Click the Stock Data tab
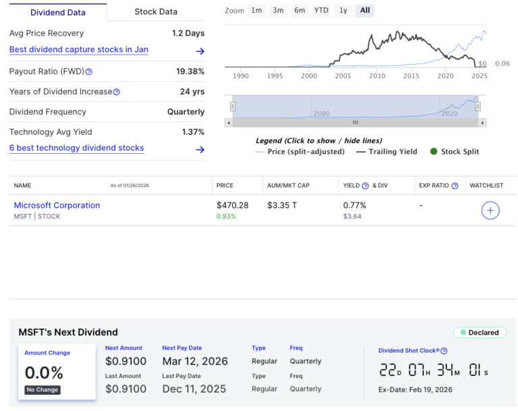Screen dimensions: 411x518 pyautogui.click(x=156, y=11)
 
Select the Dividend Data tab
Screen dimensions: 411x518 pyautogui.click(x=57, y=11)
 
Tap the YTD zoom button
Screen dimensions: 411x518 pyautogui.click(x=321, y=11)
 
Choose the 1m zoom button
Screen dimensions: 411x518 pyautogui.click(x=256, y=11)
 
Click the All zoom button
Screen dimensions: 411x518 pyautogui.click(x=365, y=11)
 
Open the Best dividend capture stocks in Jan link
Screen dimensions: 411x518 pyautogui.click(x=79, y=50)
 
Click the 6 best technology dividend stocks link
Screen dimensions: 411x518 pyautogui.click(x=76, y=148)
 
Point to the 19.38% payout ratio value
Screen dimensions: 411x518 pyautogui.click(x=190, y=72)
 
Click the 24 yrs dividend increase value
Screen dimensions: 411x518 pyautogui.click(x=193, y=92)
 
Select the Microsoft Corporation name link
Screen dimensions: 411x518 pyautogui.click(x=57, y=205)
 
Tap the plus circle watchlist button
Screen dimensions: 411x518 pyautogui.click(x=490, y=211)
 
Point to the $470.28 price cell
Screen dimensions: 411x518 pyautogui.click(x=233, y=205)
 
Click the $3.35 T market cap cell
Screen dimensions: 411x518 pyautogui.click(x=282, y=205)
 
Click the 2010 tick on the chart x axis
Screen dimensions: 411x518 pyautogui.click(x=377, y=76)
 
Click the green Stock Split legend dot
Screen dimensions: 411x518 pyautogui.click(x=434, y=151)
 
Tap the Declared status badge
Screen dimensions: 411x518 pyautogui.click(x=480, y=333)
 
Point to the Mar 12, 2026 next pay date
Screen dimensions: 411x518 pyautogui.click(x=195, y=361)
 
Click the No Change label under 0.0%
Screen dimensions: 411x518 pyautogui.click(x=42, y=390)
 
